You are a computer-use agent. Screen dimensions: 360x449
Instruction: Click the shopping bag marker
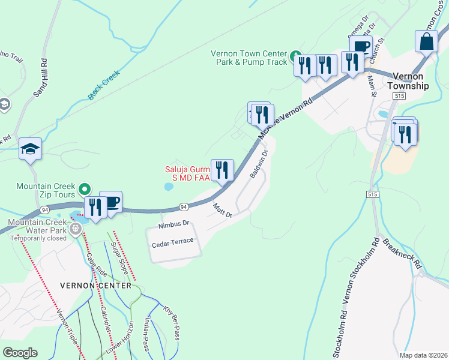[x=426, y=42]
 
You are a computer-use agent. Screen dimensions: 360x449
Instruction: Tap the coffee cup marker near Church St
[x=361, y=46]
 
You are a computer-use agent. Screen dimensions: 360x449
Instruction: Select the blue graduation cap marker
[x=30, y=149]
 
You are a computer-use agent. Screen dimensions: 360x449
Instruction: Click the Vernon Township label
[x=411, y=81]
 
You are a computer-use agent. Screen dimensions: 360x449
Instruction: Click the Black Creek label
[x=104, y=85]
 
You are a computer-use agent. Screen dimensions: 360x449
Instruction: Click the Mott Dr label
[x=222, y=210]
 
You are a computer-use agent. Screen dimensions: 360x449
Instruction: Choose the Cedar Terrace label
[x=173, y=241]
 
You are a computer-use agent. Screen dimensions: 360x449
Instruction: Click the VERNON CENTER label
[x=95, y=286]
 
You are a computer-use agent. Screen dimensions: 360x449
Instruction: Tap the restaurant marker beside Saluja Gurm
[x=222, y=170]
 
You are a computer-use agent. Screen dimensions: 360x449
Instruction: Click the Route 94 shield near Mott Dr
[x=184, y=207]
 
